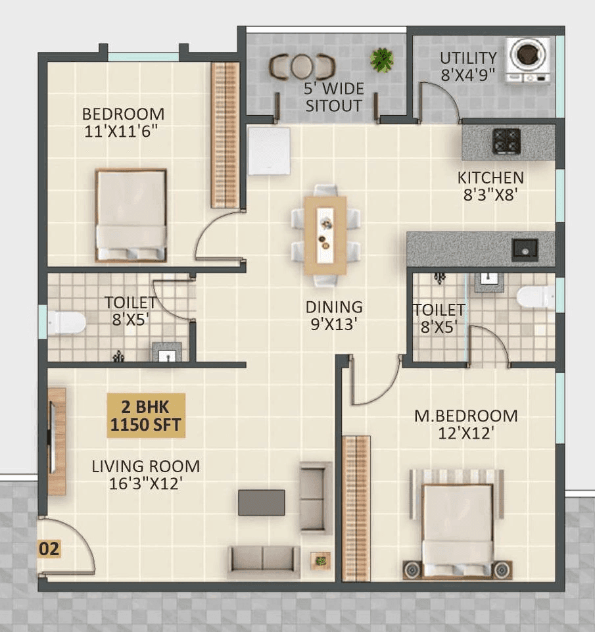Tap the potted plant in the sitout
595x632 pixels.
pos(381,61)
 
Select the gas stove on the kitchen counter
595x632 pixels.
pos(506,141)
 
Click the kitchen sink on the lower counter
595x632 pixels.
pos(525,248)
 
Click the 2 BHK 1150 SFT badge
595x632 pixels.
pos(147,415)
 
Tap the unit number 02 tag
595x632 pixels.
pos(49,548)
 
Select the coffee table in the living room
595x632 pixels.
pos(262,502)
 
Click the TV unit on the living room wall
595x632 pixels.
pos(57,441)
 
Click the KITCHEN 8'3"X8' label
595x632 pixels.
pos(490,185)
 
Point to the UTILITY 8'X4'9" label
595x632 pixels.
pos(468,66)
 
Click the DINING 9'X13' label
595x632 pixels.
pos(334,315)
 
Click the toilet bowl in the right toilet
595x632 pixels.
pos(536,297)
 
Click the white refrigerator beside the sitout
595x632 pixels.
pos(269,151)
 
